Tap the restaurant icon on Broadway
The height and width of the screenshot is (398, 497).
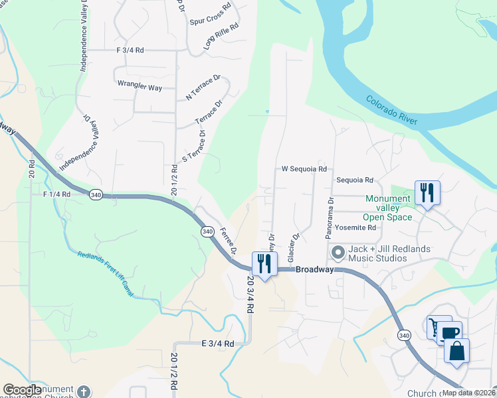point(264,265)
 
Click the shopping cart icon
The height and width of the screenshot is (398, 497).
point(439,327)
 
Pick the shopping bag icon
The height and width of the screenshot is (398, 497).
point(456,351)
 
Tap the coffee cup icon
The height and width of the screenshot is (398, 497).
point(448,333)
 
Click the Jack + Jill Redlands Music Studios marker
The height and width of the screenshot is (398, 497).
point(338,252)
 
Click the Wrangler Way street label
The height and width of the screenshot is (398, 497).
point(140,87)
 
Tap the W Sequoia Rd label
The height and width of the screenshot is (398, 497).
point(304,169)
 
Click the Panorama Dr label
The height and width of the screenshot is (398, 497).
point(329,218)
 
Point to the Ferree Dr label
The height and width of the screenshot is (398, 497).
point(228,242)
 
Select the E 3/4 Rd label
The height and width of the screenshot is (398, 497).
point(218,344)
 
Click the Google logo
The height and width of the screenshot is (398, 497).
point(22,390)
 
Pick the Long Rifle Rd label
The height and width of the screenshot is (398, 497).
point(221,34)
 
